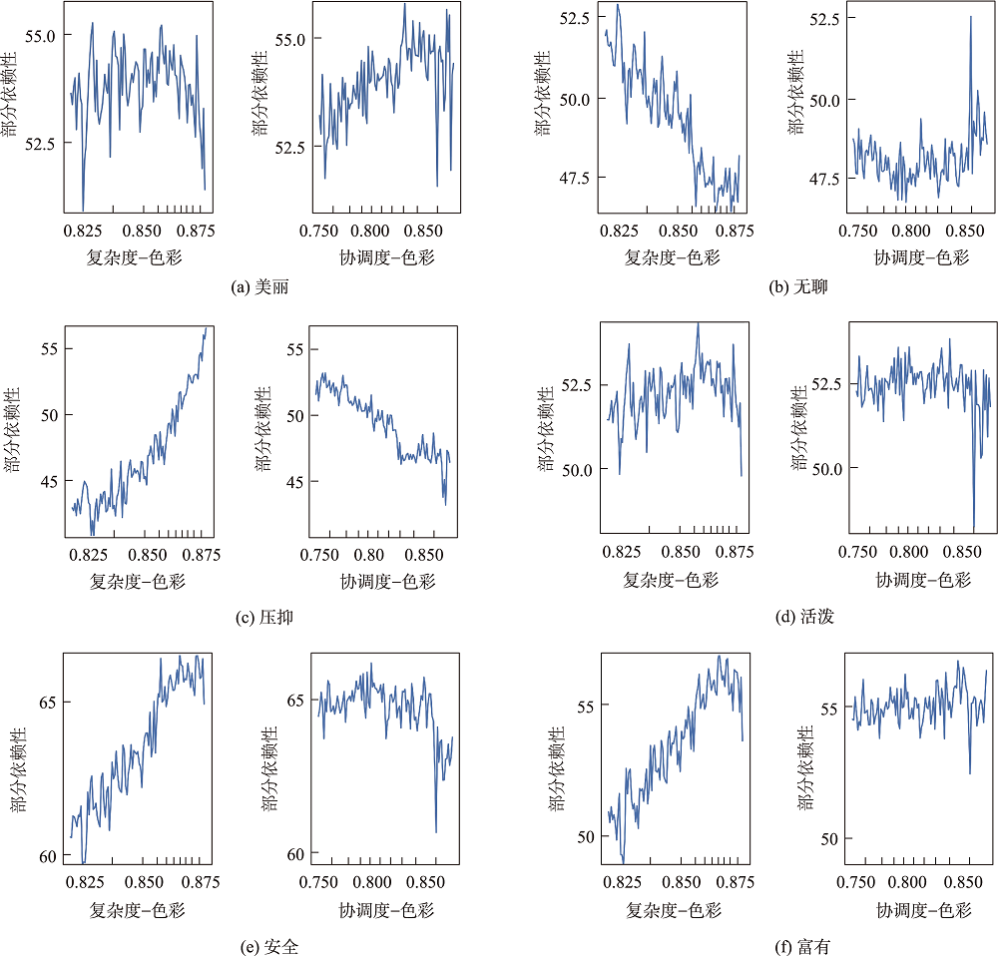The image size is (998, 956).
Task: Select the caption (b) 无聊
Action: click(x=798, y=287)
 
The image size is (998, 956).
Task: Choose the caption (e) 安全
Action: click(x=268, y=946)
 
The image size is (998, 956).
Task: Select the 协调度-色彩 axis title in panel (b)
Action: click(x=922, y=258)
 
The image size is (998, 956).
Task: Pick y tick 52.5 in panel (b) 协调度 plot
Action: click(x=815, y=18)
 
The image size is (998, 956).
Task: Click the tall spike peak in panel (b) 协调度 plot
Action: click(x=970, y=16)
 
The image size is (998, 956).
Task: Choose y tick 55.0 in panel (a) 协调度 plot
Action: click(x=287, y=39)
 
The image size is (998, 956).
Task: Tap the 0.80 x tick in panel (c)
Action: click(x=370, y=555)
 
